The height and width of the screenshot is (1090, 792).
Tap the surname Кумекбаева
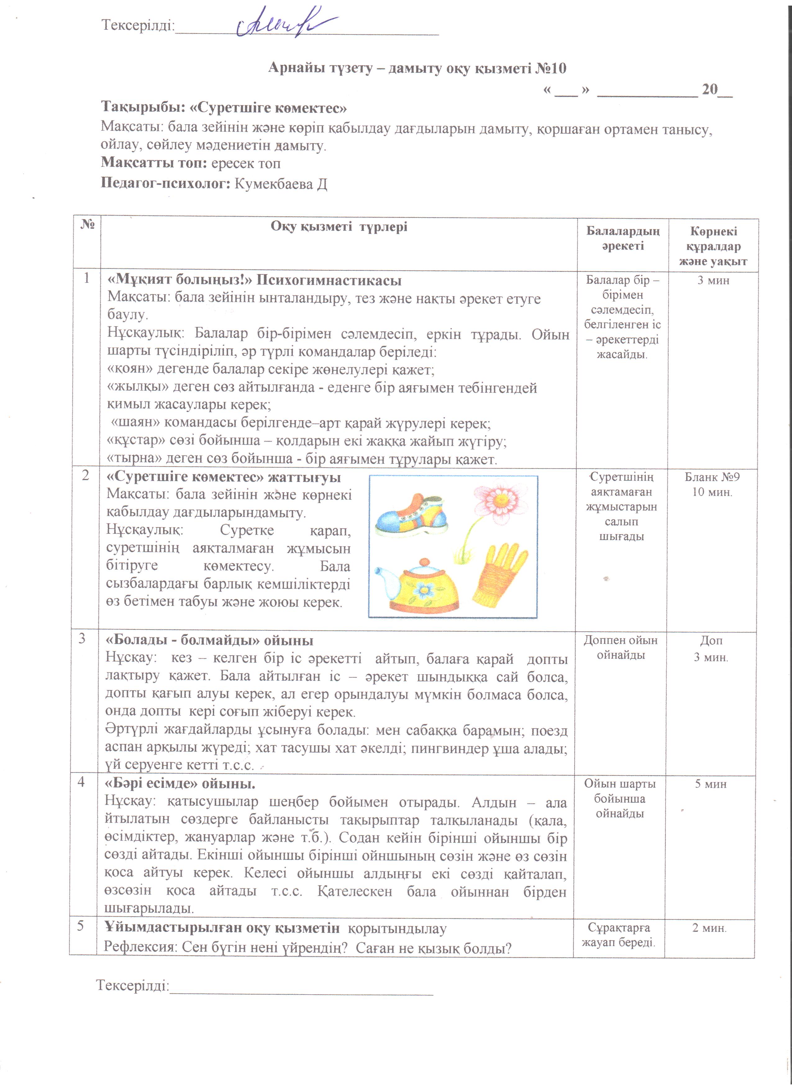coord(273,184)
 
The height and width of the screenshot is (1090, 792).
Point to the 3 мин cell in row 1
coord(713,280)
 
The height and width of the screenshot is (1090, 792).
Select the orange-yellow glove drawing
coord(499,574)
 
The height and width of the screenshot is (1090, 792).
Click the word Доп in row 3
coord(711,641)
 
